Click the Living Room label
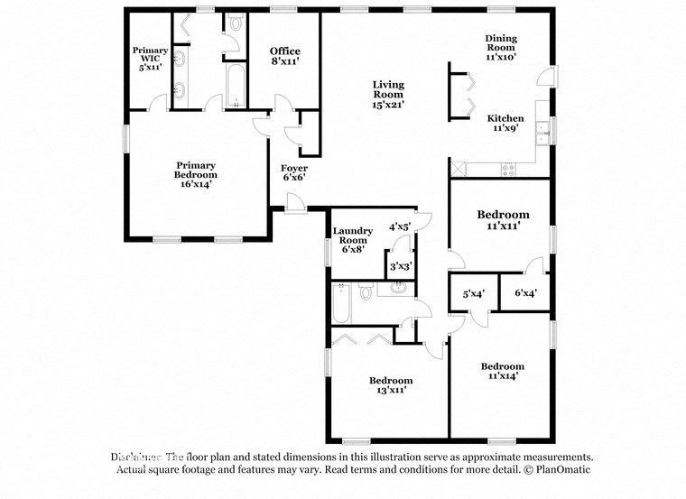(x=389, y=95)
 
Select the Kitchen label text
(x=505, y=123)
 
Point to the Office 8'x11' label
(x=285, y=57)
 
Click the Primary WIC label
(x=150, y=58)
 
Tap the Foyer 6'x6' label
(x=294, y=172)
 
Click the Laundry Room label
(x=351, y=240)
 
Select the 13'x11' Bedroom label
(x=390, y=385)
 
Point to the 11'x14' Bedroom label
(x=502, y=372)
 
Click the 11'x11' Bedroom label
(x=503, y=221)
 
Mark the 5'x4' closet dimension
(x=475, y=293)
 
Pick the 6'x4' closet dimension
(x=526, y=293)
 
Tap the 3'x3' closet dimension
(x=400, y=266)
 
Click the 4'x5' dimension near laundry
(x=400, y=227)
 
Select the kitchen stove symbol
(x=508, y=168)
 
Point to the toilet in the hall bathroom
(x=366, y=292)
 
